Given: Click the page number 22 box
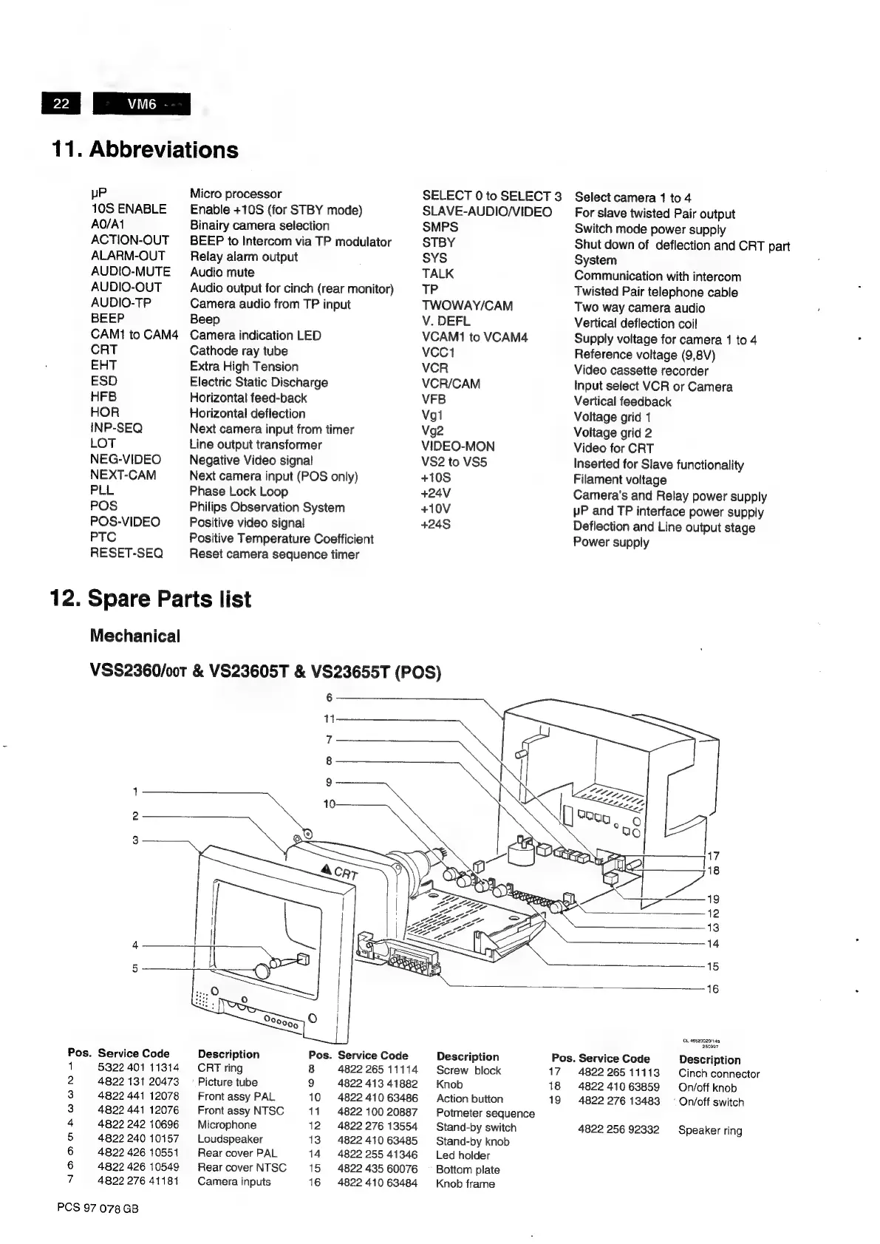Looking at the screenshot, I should click(x=61, y=104).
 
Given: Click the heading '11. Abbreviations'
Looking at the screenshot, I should click(x=145, y=150).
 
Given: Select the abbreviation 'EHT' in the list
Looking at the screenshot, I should click(x=103, y=366).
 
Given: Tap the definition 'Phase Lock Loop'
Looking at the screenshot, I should click(x=238, y=492).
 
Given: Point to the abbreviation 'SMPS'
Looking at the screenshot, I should click(x=440, y=227).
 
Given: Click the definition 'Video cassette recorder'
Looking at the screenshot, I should click(x=641, y=370).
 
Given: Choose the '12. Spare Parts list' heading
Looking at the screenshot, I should click(x=150, y=599).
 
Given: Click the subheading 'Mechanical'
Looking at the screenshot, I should click(x=134, y=636).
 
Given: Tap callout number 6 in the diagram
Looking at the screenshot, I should click(x=330, y=696).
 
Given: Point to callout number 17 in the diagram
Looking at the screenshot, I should click(x=713, y=856).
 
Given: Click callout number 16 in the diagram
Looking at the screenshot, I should click(x=712, y=989).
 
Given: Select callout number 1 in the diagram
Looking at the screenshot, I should click(x=135, y=792).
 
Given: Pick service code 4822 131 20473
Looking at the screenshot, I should click(x=138, y=1082).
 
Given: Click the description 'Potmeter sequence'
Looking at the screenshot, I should click(x=485, y=1113).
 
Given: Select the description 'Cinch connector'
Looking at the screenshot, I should click(x=718, y=1074).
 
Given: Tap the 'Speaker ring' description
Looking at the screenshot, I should click(x=709, y=1130).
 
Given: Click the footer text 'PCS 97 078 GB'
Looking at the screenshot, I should click(x=98, y=1208).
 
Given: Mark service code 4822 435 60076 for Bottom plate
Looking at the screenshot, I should click(x=377, y=1169).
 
